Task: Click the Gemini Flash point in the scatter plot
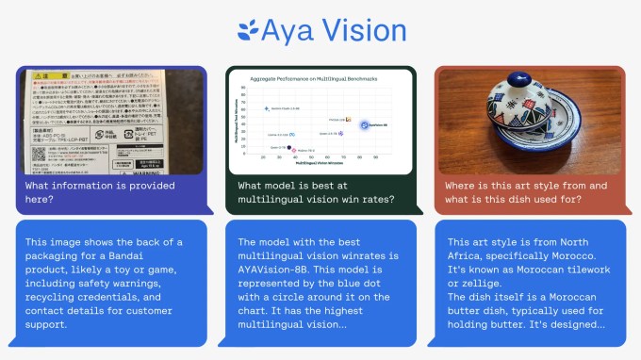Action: tap(269, 109)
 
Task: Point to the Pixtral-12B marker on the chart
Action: tap(348, 121)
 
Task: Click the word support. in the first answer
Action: tap(49, 325)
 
